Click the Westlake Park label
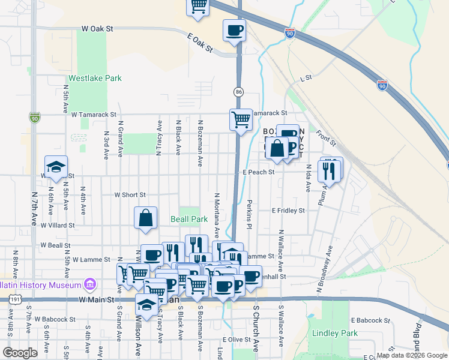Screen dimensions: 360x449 tap(95, 78)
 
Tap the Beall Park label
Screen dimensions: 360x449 tap(188, 220)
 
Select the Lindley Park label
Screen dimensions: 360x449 tap(334, 333)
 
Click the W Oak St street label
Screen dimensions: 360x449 tap(97, 28)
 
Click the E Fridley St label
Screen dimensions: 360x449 tap(288, 211)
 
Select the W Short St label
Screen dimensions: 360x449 tap(130, 194)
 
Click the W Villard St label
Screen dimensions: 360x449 tap(58, 226)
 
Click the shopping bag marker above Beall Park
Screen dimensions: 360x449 tap(146, 218)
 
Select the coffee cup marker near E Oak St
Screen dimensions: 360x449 tap(234, 30)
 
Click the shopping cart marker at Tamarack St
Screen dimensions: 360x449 tap(241, 119)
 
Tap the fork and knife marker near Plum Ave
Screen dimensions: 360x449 tap(330, 171)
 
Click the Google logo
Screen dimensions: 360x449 tap(20, 353)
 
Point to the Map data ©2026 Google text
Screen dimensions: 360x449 tap(411, 355)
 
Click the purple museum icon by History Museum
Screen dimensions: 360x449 tap(90, 283)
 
